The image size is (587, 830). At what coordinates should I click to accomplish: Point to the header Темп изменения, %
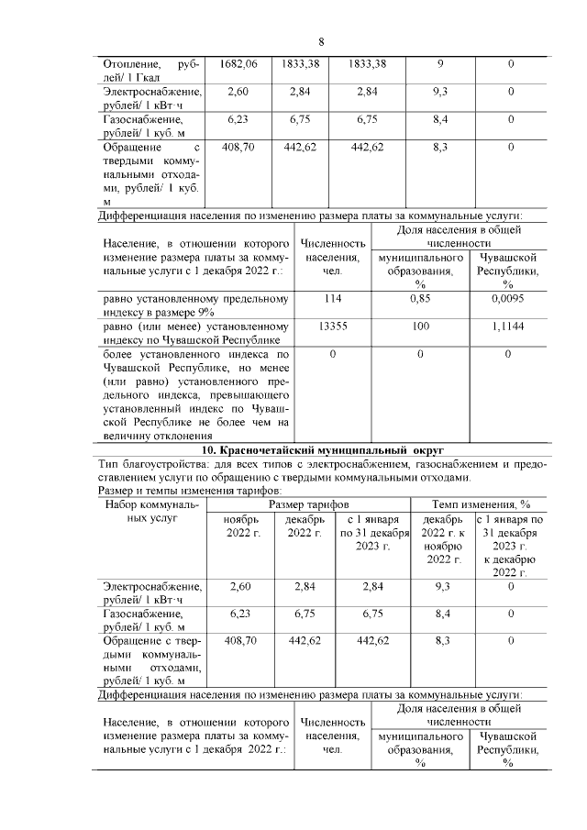[x=477, y=504]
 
